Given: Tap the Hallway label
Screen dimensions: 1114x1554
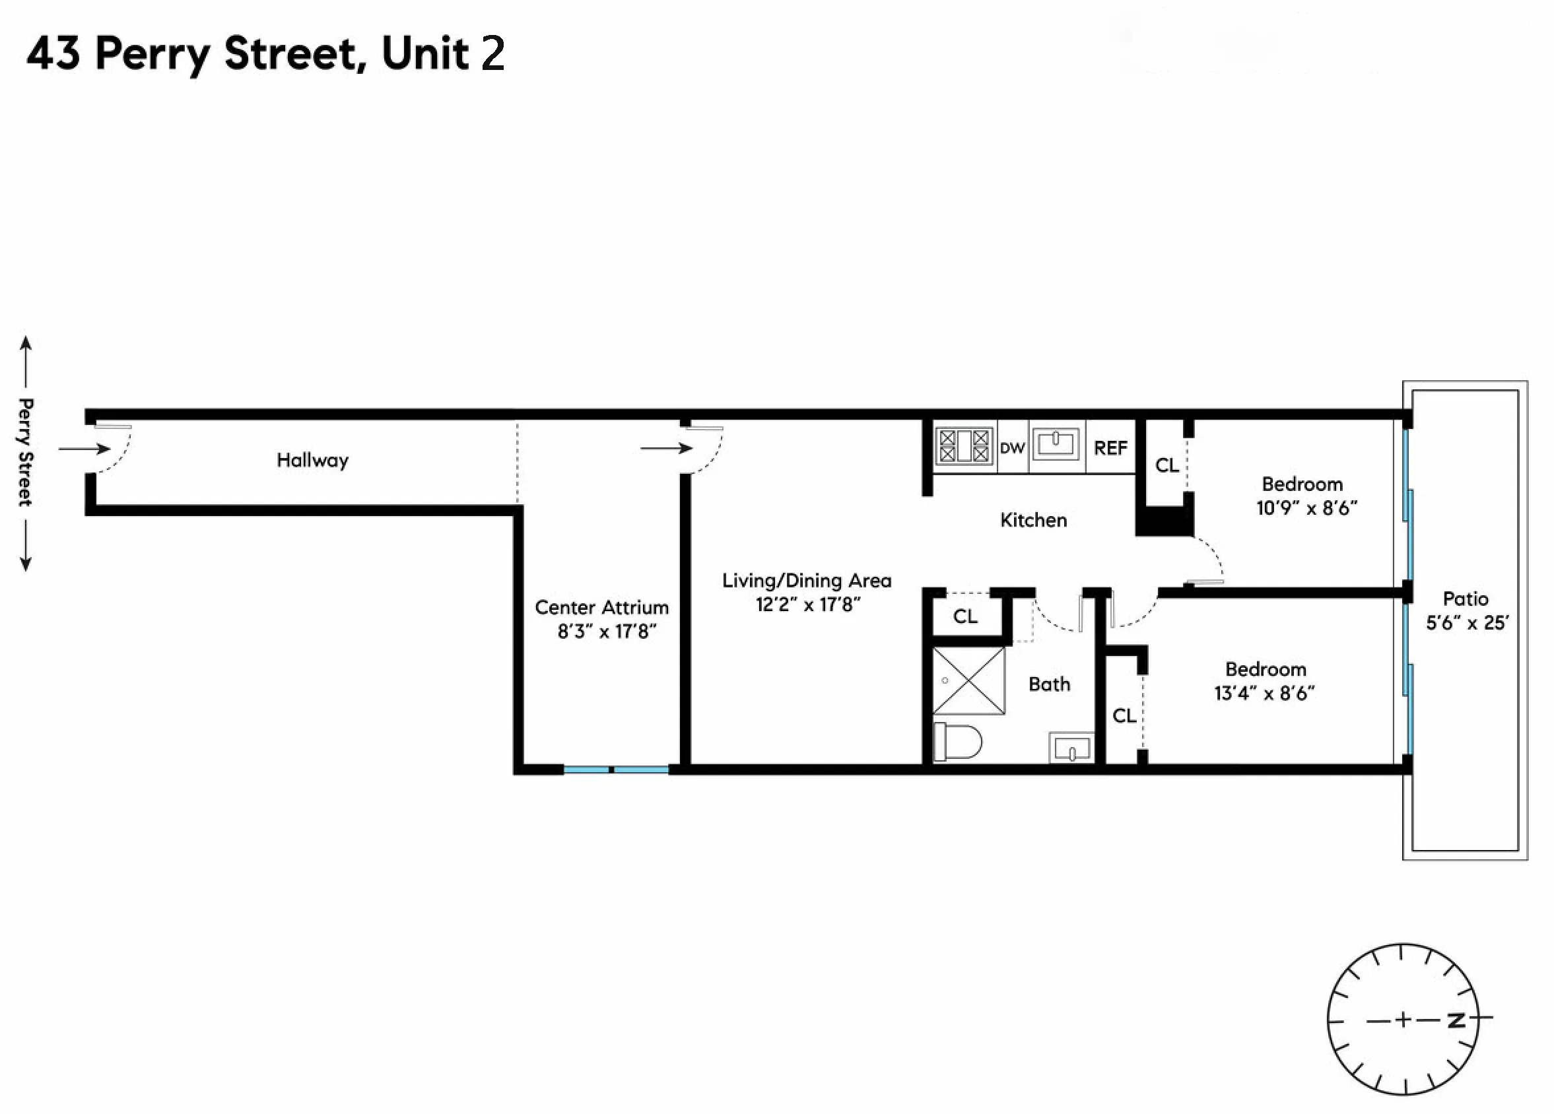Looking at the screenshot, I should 312,460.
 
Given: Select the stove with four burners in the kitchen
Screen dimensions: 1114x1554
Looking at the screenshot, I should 963,447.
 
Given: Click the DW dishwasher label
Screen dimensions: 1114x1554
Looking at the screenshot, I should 1012,448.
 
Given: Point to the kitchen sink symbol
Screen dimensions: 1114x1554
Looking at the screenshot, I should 1055,443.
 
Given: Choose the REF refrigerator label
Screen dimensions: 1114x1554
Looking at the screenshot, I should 1110,448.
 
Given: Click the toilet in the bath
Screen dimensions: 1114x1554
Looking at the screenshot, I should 957,741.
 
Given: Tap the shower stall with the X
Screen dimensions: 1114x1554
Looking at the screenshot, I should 969,681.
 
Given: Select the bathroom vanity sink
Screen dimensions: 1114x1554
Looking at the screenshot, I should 1071,748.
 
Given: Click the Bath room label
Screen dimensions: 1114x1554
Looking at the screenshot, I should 1049,684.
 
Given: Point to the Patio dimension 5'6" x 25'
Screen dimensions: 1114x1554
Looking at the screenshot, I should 1466,623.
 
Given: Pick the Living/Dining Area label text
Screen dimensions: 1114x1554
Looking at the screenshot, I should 807,580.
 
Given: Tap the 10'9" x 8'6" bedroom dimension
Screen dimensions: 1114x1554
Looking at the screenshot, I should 1306,508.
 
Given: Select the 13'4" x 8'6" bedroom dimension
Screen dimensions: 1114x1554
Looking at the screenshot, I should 1264,694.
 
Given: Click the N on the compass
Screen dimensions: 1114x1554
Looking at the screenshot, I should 1456,1020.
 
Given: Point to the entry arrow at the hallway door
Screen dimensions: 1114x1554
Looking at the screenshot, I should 84,449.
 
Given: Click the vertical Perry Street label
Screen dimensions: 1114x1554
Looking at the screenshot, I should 25,452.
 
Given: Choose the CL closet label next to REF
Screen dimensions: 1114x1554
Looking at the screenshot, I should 1167,465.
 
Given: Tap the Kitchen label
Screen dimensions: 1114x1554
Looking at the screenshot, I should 1033,520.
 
